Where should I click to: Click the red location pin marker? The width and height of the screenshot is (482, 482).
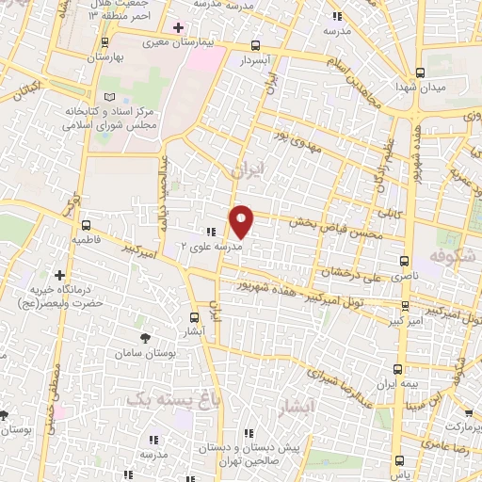(x=242, y=222)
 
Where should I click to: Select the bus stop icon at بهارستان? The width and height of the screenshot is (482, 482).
(x=104, y=42)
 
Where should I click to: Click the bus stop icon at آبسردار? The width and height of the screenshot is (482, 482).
(x=256, y=45)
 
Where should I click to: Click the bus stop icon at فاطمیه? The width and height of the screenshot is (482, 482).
(x=86, y=226)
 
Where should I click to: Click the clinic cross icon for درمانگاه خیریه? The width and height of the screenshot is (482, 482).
(x=60, y=275)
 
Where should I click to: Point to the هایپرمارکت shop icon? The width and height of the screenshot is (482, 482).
(x=469, y=412)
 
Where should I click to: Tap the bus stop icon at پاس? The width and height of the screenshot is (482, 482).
(x=400, y=460)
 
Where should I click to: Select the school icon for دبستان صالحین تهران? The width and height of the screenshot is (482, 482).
(x=249, y=434)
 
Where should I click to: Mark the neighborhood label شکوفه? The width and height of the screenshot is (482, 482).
(x=448, y=256)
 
